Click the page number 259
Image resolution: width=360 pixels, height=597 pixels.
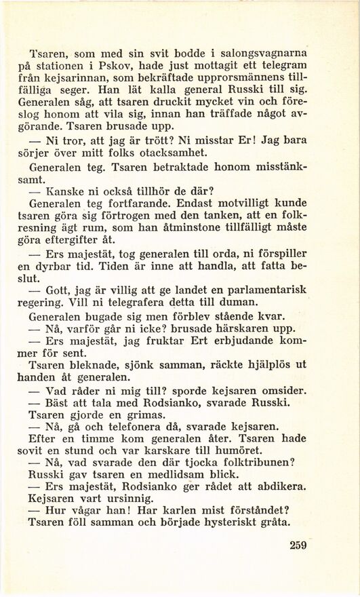pos(298,545)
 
